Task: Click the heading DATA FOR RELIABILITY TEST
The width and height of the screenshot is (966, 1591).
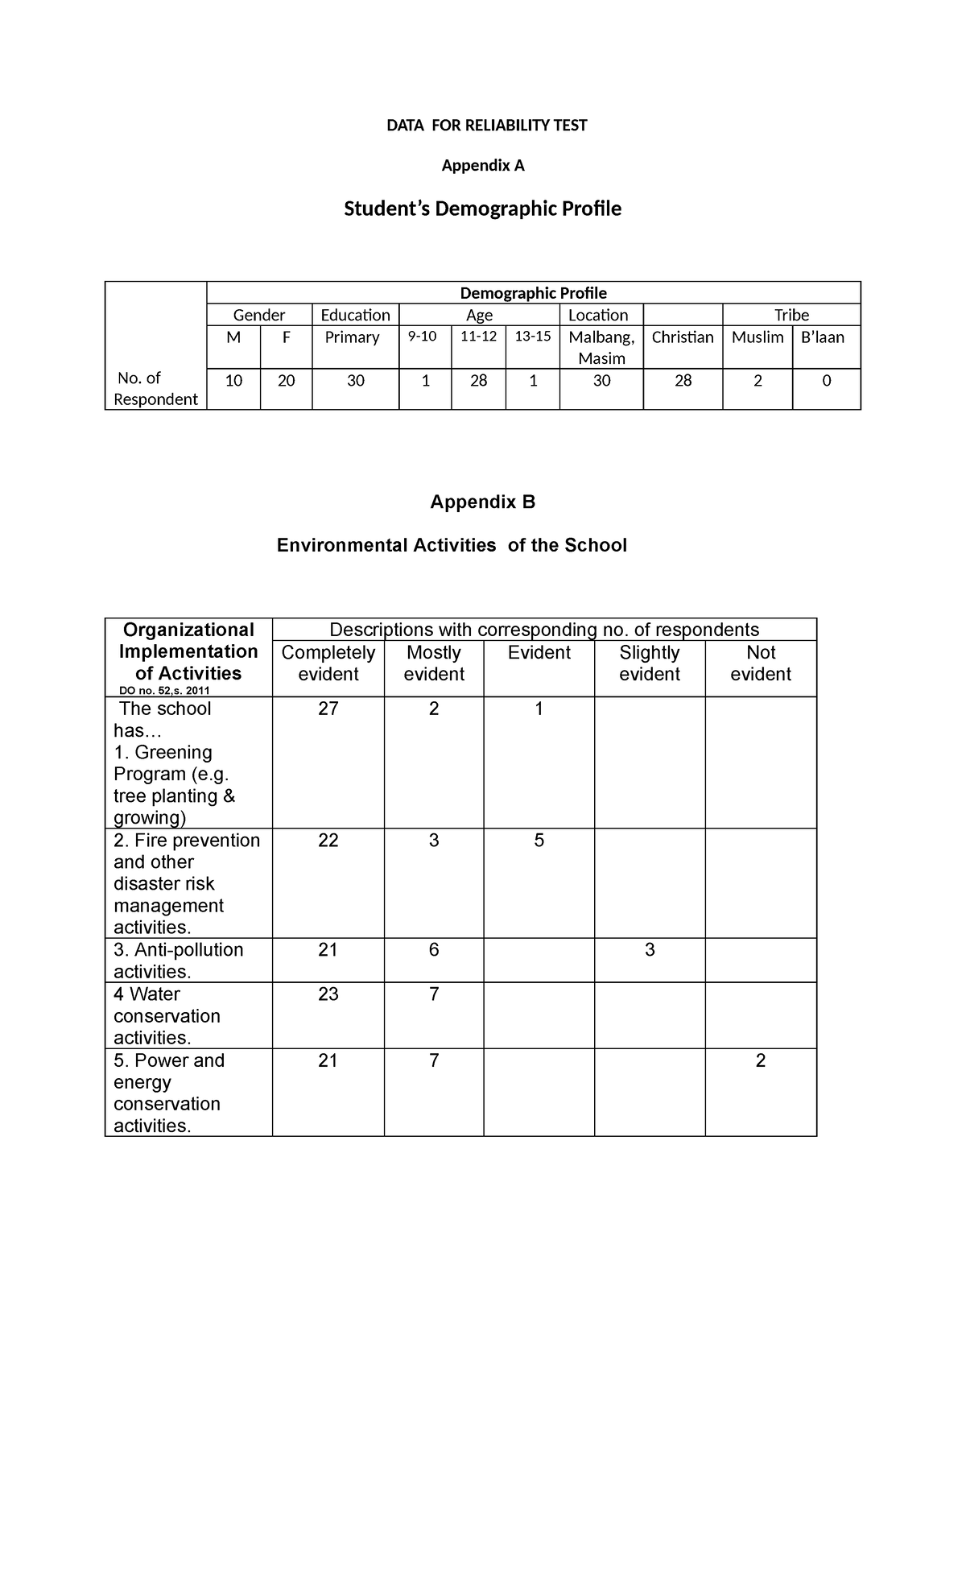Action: (x=486, y=126)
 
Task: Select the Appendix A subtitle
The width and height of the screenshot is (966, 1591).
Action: (x=483, y=166)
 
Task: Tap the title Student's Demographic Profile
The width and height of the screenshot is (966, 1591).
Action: (x=482, y=209)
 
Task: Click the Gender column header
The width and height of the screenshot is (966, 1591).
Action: (x=259, y=316)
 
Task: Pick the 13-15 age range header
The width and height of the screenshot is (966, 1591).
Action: (x=533, y=337)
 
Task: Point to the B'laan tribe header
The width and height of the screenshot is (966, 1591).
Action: (x=823, y=337)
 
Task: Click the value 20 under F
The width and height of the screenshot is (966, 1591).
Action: (x=286, y=381)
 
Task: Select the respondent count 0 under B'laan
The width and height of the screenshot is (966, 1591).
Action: (x=826, y=381)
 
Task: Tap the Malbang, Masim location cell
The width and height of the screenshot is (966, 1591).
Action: (x=601, y=348)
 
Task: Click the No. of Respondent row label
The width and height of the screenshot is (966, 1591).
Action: (x=155, y=389)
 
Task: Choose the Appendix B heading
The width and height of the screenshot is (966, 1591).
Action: (x=482, y=502)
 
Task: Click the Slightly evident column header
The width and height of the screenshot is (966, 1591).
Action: (x=650, y=663)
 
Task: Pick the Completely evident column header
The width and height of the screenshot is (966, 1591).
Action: (x=328, y=663)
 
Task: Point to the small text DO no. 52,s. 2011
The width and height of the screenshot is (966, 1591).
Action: (x=164, y=691)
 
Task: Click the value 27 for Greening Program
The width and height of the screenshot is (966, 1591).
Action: (x=328, y=709)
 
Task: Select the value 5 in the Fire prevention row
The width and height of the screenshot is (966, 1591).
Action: (x=539, y=841)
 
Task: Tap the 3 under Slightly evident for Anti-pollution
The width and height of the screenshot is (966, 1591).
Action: (x=650, y=950)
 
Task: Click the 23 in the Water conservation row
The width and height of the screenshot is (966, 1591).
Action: (x=328, y=994)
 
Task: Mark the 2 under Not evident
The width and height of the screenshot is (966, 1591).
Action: (x=761, y=1061)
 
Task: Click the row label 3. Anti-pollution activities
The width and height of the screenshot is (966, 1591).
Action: (x=178, y=961)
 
